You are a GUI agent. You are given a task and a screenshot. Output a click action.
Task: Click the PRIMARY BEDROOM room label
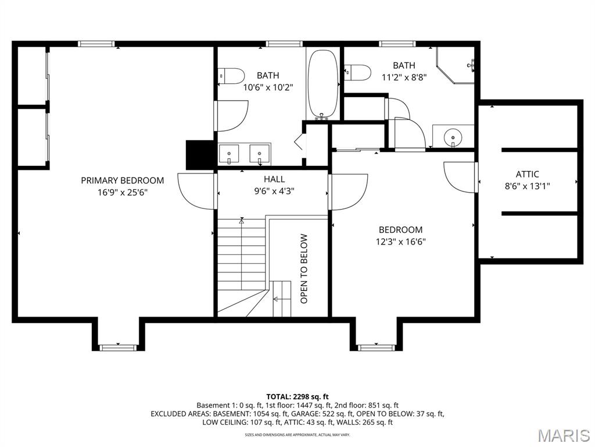tap(122, 180)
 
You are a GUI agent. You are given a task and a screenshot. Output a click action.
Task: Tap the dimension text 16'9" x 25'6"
tap(122, 193)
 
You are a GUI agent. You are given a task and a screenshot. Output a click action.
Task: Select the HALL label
tap(274, 179)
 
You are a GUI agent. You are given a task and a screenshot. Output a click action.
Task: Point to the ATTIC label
tap(527, 175)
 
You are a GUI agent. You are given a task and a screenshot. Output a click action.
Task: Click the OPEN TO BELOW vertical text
tap(304, 268)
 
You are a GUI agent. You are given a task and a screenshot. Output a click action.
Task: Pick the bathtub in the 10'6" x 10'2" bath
tap(322, 84)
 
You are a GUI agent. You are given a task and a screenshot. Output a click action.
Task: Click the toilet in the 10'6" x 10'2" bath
tap(231, 76)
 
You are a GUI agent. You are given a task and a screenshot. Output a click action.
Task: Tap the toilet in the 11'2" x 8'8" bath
tap(357, 73)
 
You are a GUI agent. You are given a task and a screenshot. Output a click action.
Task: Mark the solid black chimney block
tap(200, 155)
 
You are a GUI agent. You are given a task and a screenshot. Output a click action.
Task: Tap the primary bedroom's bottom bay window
tap(117, 347)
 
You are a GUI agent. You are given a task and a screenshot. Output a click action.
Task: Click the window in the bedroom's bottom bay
tap(376, 347)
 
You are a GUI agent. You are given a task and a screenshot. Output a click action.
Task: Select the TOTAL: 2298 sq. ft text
tap(297, 397)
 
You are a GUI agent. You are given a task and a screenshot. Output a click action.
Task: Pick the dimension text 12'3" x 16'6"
tap(400, 242)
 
